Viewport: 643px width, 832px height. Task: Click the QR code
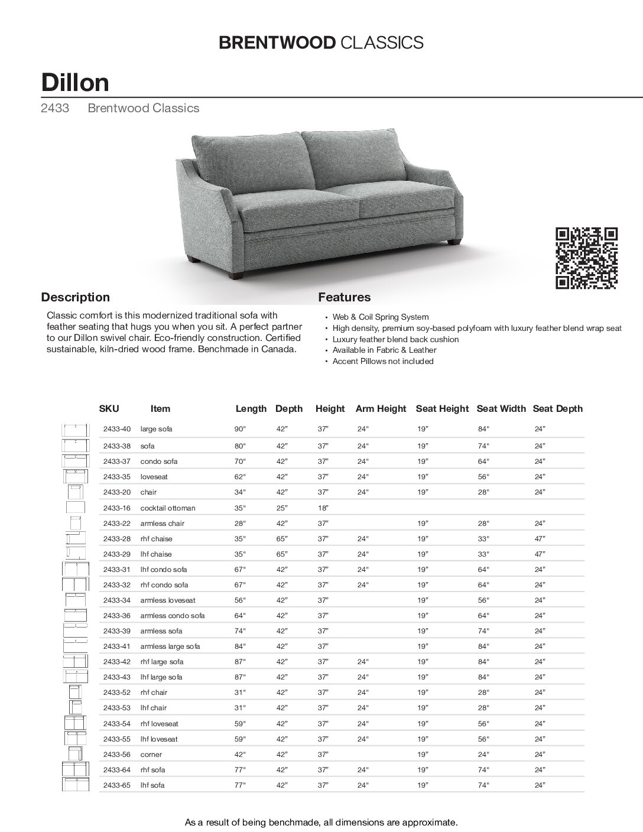tap(587, 258)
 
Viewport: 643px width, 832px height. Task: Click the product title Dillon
tap(75, 83)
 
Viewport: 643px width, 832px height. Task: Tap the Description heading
tap(75, 297)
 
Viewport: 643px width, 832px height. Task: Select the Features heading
tap(345, 297)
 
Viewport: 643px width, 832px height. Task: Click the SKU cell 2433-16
tap(116, 508)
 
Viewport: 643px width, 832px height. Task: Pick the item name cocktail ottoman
tap(167, 508)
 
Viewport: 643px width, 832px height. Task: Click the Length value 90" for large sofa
tap(240, 429)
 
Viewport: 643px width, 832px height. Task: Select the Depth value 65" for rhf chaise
tap(282, 539)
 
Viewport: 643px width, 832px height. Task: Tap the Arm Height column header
tap(381, 408)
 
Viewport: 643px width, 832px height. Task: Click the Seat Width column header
tap(501, 408)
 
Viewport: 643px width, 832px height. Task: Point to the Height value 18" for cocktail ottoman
tap(323, 508)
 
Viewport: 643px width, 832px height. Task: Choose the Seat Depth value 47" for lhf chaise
tap(540, 554)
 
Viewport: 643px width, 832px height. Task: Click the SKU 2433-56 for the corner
tap(116, 755)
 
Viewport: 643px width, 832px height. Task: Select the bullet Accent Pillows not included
tap(383, 361)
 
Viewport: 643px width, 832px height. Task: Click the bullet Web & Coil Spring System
tap(381, 317)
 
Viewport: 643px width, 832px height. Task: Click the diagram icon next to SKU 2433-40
tap(75, 430)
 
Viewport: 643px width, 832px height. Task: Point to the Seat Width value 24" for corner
tap(483, 755)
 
